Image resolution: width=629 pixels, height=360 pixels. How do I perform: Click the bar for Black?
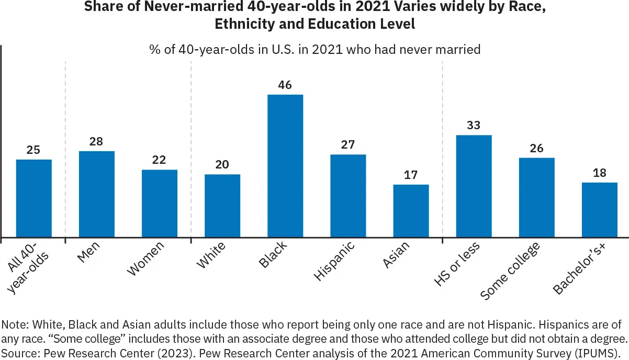pos(285,166)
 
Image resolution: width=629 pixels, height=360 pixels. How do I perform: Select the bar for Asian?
pos(411,211)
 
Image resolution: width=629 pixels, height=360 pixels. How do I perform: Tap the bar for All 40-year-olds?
pos(34,198)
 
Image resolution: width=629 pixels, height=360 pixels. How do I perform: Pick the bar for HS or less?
pos(474,186)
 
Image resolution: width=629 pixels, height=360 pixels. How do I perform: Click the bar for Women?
pos(160,204)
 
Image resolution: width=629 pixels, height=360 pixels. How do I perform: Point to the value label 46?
pos(285,85)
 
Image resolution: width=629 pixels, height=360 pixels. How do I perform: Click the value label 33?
pos(474,126)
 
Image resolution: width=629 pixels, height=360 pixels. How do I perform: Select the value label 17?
pos(411,175)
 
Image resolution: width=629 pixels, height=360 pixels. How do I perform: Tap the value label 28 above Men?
pos(97,142)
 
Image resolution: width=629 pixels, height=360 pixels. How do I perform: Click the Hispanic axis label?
pos(335,261)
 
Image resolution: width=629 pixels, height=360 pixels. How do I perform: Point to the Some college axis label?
pos(510,271)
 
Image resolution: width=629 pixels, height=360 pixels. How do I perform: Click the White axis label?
pos(211,255)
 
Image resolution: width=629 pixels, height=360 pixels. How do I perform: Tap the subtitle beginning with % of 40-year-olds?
pos(314,50)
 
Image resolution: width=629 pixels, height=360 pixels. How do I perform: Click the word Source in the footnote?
pos(16,350)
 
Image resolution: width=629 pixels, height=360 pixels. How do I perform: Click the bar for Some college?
pos(536,197)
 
